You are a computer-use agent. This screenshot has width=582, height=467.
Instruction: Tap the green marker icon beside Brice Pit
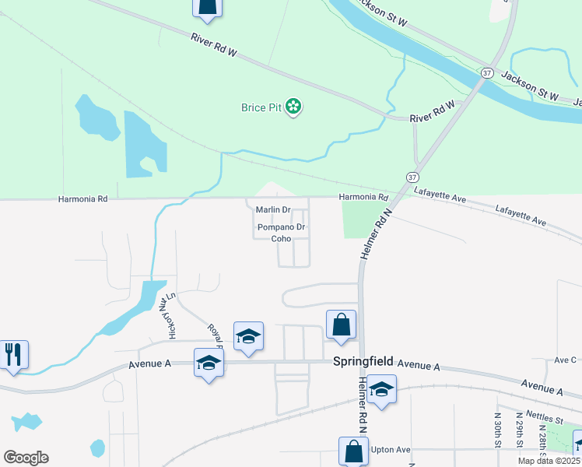[x=293, y=106]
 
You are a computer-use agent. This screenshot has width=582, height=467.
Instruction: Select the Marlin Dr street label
[x=273, y=210]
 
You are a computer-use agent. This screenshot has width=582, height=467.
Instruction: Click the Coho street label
[x=281, y=239]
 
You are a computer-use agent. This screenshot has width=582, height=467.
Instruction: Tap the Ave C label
[x=565, y=360]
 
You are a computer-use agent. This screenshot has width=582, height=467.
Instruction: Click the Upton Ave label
[x=391, y=451]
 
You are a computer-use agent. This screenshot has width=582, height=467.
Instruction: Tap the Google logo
[x=25, y=458]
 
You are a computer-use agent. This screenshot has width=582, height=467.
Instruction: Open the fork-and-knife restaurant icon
[x=13, y=354]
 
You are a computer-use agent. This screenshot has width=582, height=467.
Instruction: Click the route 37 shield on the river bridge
[x=487, y=72]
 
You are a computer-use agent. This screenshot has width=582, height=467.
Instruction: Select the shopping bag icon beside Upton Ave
[x=353, y=451]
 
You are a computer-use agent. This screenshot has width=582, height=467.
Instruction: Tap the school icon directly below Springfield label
[x=381, y=388]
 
